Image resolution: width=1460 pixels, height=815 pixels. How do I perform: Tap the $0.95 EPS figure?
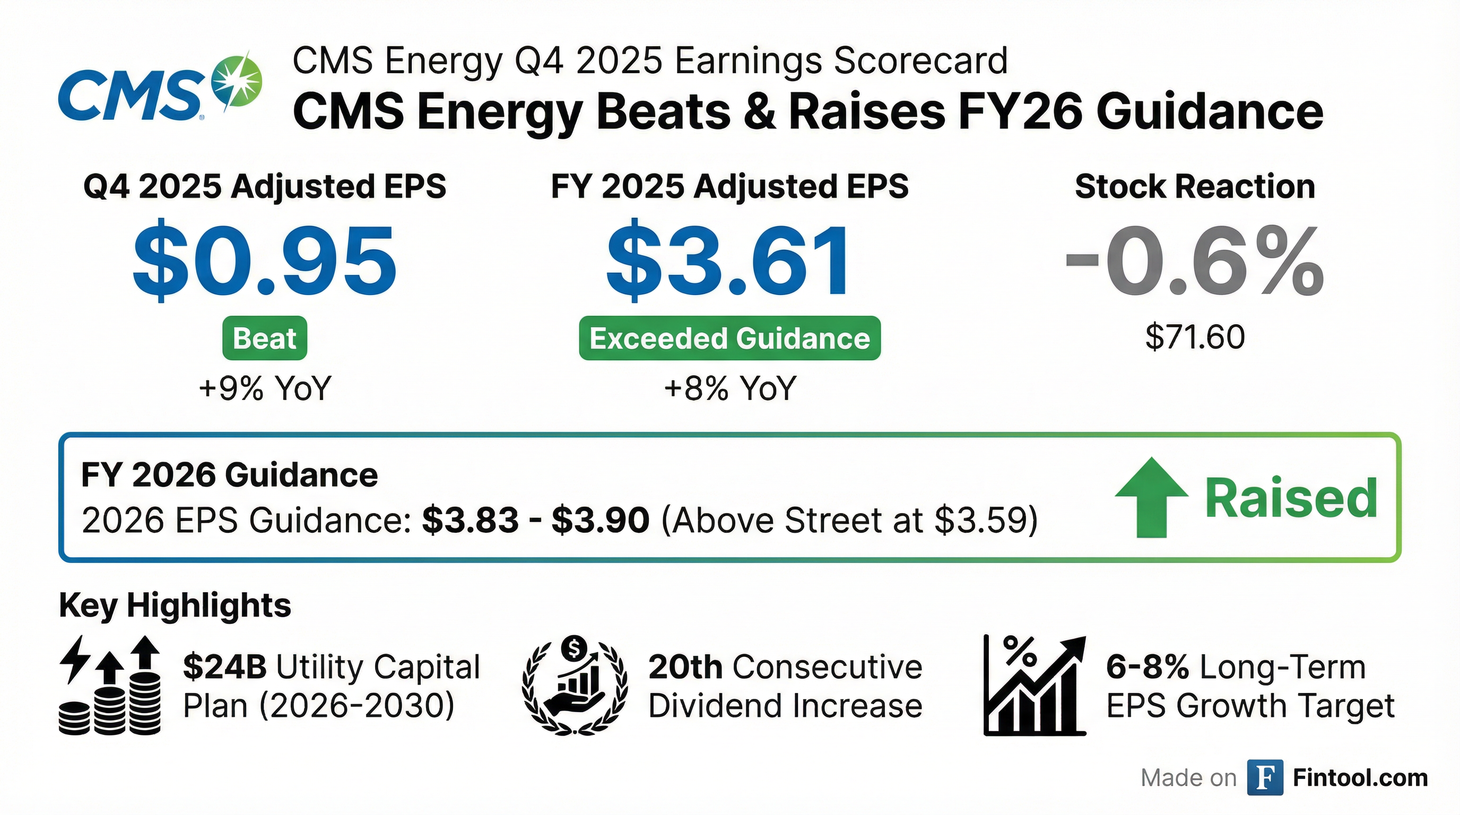tap(265, 260)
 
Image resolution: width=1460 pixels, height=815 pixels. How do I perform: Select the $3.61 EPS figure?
tap(729, 260)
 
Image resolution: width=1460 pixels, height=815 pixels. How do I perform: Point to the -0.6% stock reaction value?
tap(1195, 260)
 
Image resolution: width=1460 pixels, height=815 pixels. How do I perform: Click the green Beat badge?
tap(265, 339)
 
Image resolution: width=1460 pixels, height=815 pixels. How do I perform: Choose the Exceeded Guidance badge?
tap(729, 339)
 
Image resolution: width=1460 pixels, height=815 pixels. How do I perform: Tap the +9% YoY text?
tap(265, 389)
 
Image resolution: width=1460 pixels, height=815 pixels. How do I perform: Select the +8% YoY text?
tap(730, 389)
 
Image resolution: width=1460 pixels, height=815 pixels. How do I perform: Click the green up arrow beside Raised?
tap(1151, 497)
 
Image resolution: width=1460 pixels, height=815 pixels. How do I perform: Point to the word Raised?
tap(1291, 498)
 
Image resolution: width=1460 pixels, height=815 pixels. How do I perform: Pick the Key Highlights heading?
tap(175, 605)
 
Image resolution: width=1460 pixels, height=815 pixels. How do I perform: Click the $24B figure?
tap(224, 666)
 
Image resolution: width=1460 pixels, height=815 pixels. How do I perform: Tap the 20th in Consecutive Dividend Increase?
tap(685, 666)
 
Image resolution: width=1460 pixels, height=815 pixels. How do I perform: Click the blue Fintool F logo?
tap(1264, 778)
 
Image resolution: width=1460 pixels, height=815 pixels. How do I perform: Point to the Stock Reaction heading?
tap(1195, 186)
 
